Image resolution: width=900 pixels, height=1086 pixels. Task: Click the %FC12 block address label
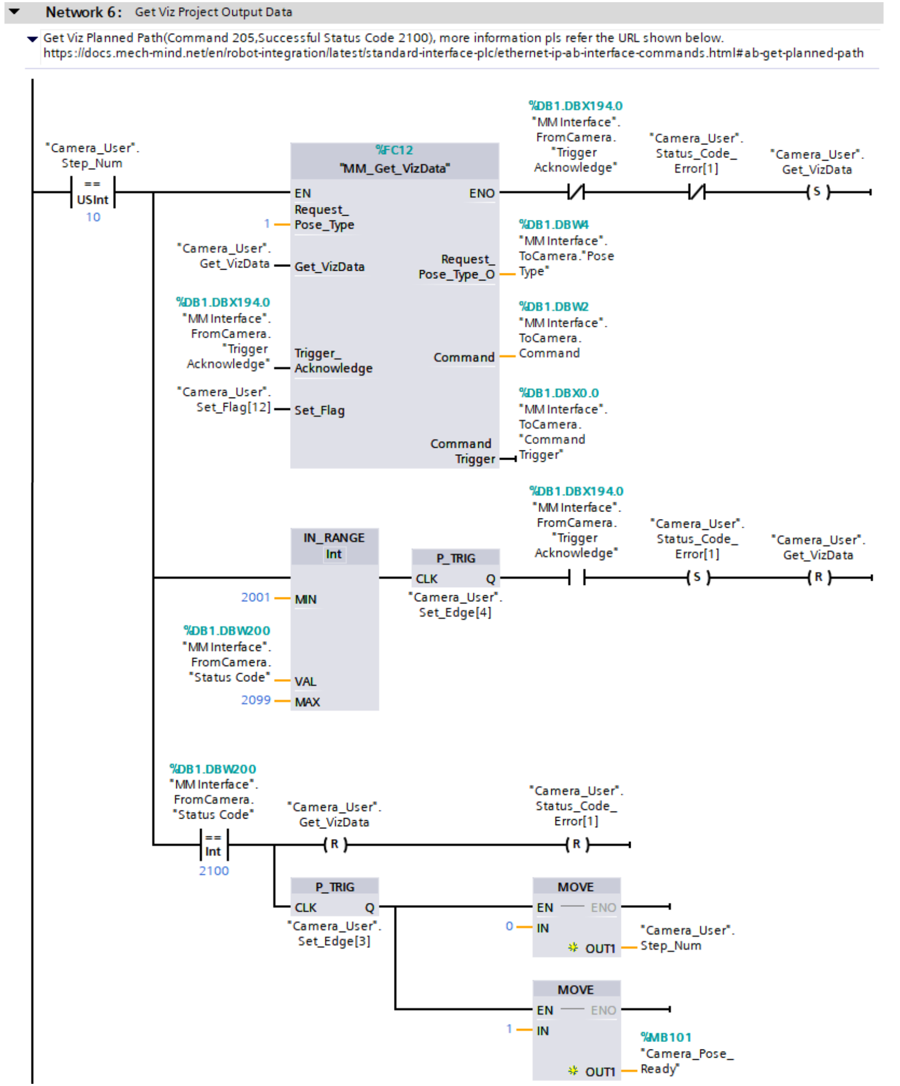tap(394, 150)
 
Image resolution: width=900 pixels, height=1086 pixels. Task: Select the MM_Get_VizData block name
tap(394, 168)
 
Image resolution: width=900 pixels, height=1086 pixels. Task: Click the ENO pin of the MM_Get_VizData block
tap(482, 193)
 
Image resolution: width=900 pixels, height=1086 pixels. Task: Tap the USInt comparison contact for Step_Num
tap(93, 193)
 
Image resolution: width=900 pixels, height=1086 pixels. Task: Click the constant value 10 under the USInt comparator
tap(93, 217)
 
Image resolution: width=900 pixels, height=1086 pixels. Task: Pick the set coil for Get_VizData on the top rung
tap(817, 192)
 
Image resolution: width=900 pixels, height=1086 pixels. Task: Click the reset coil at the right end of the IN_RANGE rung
tap(818, 577)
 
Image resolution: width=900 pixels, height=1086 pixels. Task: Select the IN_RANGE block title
tap(334, 538)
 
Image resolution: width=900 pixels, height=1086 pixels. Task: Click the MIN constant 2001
tap(255, 597)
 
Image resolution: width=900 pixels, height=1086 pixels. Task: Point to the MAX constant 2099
tap(255, 700)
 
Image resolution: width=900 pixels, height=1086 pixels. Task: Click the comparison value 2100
tap(214, 871)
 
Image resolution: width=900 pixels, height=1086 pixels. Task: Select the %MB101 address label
tap(665, 1038)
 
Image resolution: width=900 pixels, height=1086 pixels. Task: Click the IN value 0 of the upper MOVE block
tap(509, 926)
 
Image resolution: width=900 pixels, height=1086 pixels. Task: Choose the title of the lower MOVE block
tap(576, 990)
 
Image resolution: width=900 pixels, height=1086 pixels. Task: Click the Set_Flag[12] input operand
tap(233, 407)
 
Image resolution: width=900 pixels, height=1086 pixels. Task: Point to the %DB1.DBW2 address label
tap(553, 307)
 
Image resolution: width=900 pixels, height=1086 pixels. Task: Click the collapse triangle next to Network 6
tap(15, 11)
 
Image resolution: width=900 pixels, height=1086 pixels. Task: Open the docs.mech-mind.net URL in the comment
tap(453, 53)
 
